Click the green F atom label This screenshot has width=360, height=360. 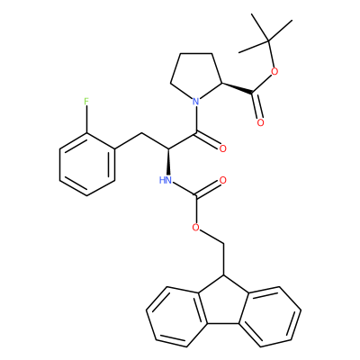coord(86,101)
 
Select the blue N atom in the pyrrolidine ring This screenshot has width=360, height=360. coord(195,101)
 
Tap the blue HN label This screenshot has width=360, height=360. coord(166,180)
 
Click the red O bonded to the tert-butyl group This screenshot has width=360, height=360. coord(274,72)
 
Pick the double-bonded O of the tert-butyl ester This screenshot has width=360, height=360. coord(260,122)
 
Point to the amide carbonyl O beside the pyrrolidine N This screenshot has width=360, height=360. coord(222,148)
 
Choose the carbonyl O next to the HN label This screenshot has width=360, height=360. coord(222,180)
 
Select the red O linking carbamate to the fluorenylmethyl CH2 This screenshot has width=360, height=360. coord(196,228)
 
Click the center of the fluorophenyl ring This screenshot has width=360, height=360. coord(87,165)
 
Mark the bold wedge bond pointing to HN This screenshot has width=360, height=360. coord(169,162)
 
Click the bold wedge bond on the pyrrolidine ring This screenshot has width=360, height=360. coord(238,88)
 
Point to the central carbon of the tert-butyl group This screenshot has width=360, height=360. coord(269,40)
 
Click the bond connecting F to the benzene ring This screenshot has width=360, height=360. coord(86,120)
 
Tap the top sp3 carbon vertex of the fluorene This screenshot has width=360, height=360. coord(223,275)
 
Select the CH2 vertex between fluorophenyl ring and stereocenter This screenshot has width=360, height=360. coord(141,132)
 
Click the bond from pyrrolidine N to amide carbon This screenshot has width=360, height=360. coord(196,119)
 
